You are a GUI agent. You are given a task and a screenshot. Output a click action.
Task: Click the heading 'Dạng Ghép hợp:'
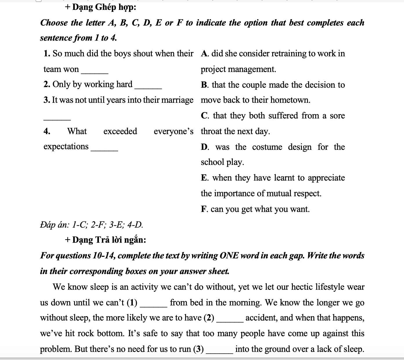104,7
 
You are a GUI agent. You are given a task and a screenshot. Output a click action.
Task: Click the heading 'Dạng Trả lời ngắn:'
109,240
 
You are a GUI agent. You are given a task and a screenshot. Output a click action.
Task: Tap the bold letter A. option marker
205,54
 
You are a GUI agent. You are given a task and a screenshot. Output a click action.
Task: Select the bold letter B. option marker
205,85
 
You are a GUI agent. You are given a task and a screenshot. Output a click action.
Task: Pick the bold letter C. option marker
205,116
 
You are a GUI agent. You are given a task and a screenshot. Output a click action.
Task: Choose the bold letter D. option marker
205,147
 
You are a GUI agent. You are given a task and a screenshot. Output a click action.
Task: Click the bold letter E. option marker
205,178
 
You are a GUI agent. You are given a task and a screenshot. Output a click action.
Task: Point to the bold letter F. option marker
204,209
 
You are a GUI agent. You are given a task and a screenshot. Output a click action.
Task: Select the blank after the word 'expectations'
104,148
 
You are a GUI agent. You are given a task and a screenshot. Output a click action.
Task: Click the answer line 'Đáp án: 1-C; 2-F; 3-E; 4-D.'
91,225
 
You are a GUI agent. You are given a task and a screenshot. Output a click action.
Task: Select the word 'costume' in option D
267,147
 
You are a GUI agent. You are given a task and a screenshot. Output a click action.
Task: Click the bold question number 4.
47,131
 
